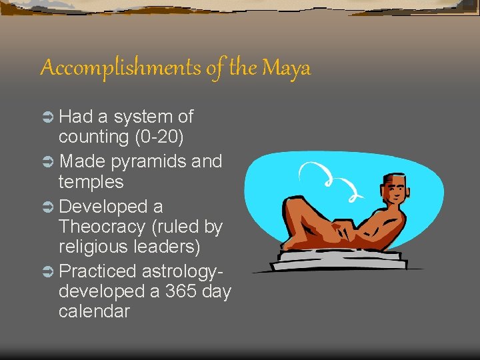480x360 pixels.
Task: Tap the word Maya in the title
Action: [287, 68]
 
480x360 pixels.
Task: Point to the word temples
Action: [91, 182]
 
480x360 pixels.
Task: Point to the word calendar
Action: [94, 311]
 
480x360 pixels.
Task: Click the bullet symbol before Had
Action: [48, 118]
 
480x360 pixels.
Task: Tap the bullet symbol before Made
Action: [48, 162]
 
